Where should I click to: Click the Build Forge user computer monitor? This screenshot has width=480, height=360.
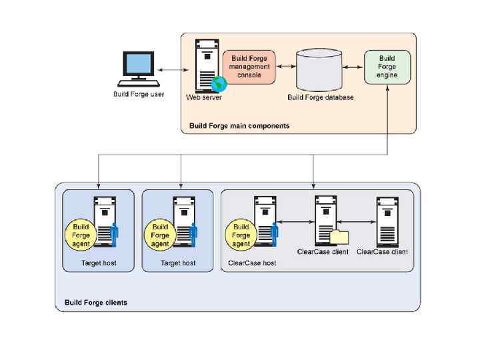point(139,64)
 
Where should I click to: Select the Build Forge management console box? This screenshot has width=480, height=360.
point(249,67)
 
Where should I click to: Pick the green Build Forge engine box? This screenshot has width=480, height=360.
point(387,67)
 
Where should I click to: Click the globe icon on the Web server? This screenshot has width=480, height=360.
point(219,83)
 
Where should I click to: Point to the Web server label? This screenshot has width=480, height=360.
point(203,97)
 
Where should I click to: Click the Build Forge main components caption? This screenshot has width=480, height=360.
point(239,125)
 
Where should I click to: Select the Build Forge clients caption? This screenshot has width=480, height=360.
point(95,303)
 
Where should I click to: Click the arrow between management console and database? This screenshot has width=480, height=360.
point(285,67)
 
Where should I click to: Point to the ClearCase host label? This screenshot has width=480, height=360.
point(252,263)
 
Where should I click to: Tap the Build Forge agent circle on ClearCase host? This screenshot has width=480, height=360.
point(241,235)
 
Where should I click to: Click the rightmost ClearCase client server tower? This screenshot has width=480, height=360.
point(387,221)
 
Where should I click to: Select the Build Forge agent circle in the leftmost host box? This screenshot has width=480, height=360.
point(81,235)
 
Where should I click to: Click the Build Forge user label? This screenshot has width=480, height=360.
point(138,93)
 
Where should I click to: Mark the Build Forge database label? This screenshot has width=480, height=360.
point(321,97)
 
